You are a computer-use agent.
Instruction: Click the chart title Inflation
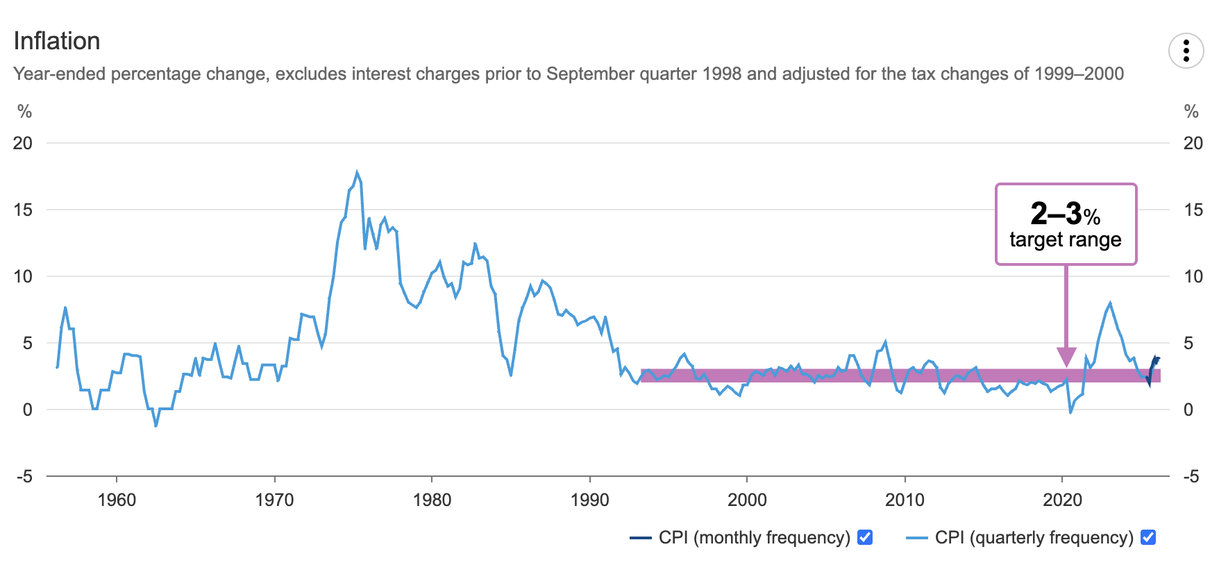57,41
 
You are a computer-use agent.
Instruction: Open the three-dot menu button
1186,51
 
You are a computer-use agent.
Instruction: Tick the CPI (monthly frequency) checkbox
865,537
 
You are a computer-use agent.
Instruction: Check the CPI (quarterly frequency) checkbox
1148,537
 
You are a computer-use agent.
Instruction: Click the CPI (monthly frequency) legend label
754,537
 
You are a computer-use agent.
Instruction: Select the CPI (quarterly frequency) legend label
1034,537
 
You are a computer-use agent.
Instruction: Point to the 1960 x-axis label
117,500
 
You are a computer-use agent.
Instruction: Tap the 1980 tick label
432,500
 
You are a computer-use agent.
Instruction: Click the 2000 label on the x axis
747,500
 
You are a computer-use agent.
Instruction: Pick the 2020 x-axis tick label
1062,500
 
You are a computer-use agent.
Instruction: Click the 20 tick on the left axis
23,143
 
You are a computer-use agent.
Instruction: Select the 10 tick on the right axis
1193,276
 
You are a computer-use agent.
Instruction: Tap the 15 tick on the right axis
1193,210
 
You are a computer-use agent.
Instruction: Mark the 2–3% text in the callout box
1065,214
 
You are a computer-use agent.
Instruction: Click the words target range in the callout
1065,239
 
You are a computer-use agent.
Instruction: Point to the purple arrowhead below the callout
1066,357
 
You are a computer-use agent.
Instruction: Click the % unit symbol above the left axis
25,112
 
